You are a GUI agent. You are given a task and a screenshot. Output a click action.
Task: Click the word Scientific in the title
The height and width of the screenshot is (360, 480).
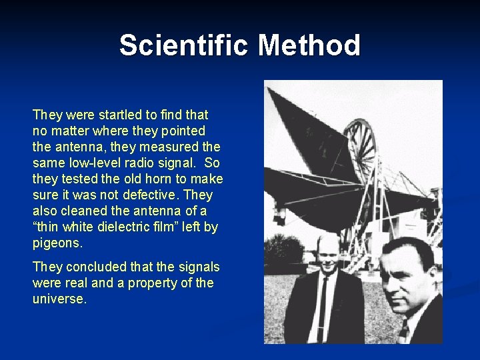click(x=185, y=45)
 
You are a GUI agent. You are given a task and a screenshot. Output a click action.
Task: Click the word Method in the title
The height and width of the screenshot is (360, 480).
click(x=309, y=45)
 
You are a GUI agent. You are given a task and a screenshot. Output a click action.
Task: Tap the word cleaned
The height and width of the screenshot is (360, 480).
click(x=84, y=211)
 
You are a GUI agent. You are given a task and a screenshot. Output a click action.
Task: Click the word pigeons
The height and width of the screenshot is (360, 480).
click(x=58, y=243)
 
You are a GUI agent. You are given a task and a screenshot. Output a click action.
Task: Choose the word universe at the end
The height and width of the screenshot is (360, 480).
click(x=59, y=299)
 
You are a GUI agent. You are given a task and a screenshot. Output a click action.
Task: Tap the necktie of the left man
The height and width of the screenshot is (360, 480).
click(x=324, y=307)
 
